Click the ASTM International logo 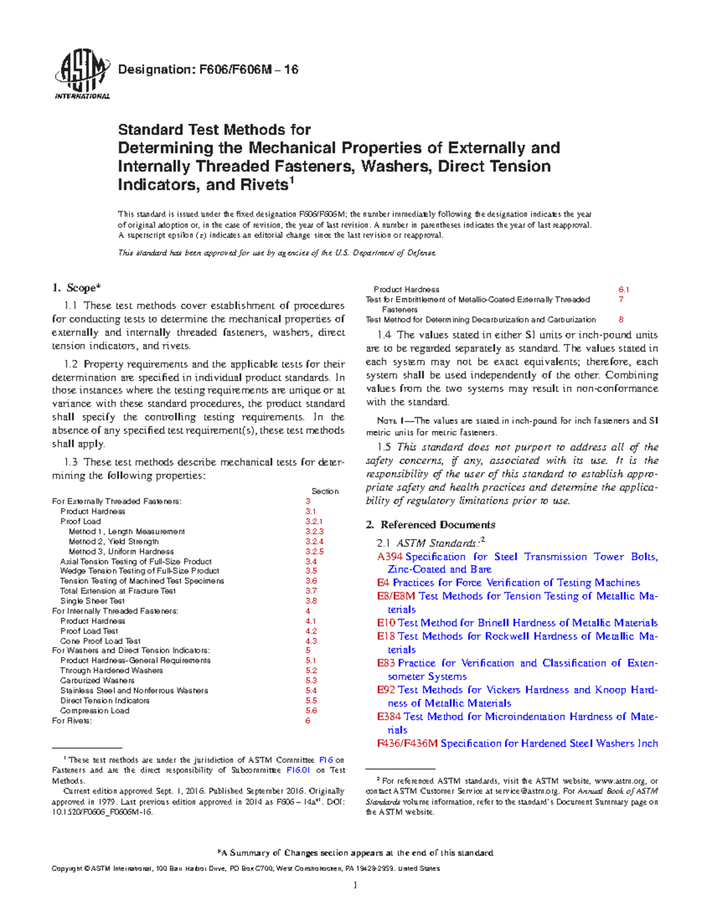point(82,74)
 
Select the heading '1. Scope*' point(76,288)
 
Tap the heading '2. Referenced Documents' point(430,524)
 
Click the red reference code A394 point(390,557)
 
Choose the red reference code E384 point(389,716)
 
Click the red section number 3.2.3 point(314,531)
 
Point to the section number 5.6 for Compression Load point(311,710)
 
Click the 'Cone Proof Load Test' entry point(100,641)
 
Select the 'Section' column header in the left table point(325,491)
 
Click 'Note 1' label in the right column point(390,421)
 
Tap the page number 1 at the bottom point(355,885)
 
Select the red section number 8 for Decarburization point(621,319)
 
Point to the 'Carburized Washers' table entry point(97,680)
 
